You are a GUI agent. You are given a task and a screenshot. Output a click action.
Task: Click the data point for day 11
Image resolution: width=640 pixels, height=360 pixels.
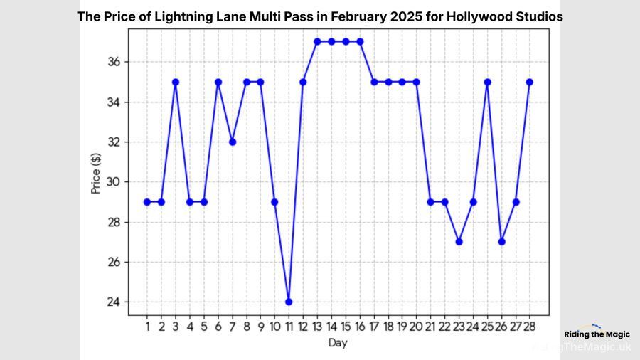coord(289,302)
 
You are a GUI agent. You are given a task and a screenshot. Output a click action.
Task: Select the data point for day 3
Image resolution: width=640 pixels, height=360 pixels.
coord(176,82)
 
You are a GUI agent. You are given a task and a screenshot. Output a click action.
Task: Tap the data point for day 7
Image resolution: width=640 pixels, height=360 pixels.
coord(232,142)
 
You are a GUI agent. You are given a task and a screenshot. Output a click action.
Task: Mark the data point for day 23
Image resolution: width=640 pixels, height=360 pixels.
coord(459,242)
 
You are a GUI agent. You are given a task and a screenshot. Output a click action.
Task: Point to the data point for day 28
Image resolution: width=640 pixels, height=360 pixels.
coord(530,82)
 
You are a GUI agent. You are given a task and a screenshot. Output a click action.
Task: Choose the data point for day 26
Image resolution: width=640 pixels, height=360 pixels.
coord(501,242)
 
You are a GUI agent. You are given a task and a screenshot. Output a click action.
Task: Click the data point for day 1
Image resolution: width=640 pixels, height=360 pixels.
coord(147,201)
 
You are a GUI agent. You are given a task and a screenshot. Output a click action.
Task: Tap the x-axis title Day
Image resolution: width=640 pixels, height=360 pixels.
coord(338,343)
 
